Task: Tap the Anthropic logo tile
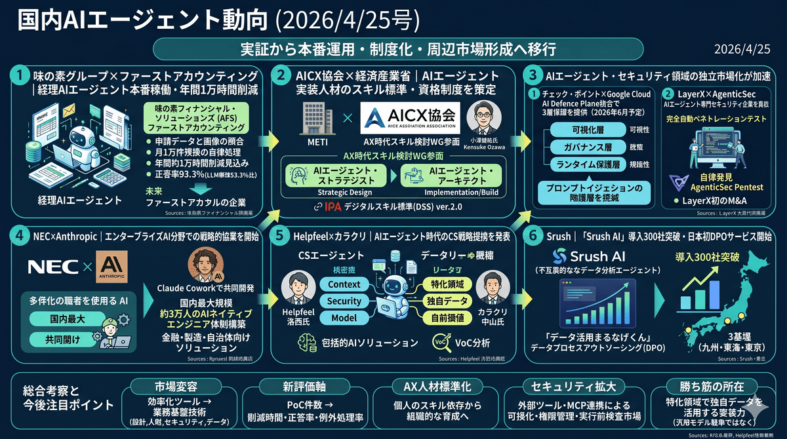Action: (111, 267)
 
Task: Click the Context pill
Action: (344, 284)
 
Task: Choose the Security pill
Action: (344, 301)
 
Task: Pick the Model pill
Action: (344, 318)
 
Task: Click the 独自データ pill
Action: (448, 301)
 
